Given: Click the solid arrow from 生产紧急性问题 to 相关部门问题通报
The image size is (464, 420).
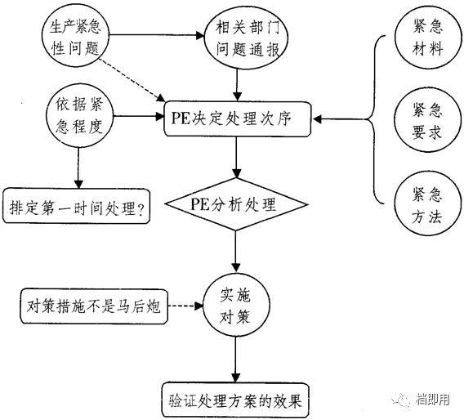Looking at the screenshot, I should click(x=155, y=36).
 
